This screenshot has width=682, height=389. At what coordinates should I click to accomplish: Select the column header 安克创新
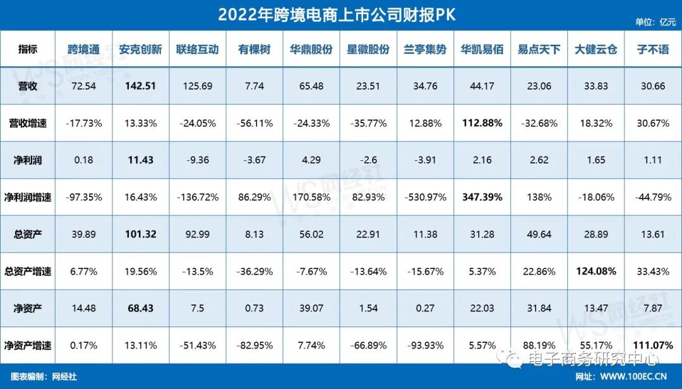[x=140, y=49]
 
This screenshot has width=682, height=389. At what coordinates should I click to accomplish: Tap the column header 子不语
[x=652, y=49]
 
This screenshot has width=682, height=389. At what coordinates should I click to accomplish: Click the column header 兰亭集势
[x=425, y=49]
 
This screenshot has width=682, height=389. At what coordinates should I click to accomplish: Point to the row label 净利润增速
[x=27, y=197]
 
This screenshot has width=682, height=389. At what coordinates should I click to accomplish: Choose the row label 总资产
[x=27, y=234]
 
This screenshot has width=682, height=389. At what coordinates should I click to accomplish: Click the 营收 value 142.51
[x=140, y=86]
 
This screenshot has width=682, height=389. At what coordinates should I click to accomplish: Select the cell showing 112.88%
[x=482, y=123]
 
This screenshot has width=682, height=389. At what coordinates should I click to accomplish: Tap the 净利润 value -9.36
[x=197, y=160]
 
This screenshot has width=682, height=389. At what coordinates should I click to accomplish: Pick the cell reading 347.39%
[x=482, y=197]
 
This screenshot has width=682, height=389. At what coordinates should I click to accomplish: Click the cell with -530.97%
[x=425, y=197]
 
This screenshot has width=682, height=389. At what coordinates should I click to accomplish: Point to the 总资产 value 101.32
[x=140, y=234]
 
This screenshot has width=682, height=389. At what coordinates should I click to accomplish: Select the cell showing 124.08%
[x=595, y=272]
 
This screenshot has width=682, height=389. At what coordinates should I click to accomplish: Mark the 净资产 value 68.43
[x=140, y=308]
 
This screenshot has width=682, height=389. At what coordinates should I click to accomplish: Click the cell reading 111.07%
[x=652, y=345]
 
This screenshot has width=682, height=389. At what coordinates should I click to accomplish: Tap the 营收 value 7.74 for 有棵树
[x=254, y=86]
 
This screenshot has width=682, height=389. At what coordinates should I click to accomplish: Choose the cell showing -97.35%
[x=83, y=197]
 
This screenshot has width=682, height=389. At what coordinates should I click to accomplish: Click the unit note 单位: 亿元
[x=655, y=21]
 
